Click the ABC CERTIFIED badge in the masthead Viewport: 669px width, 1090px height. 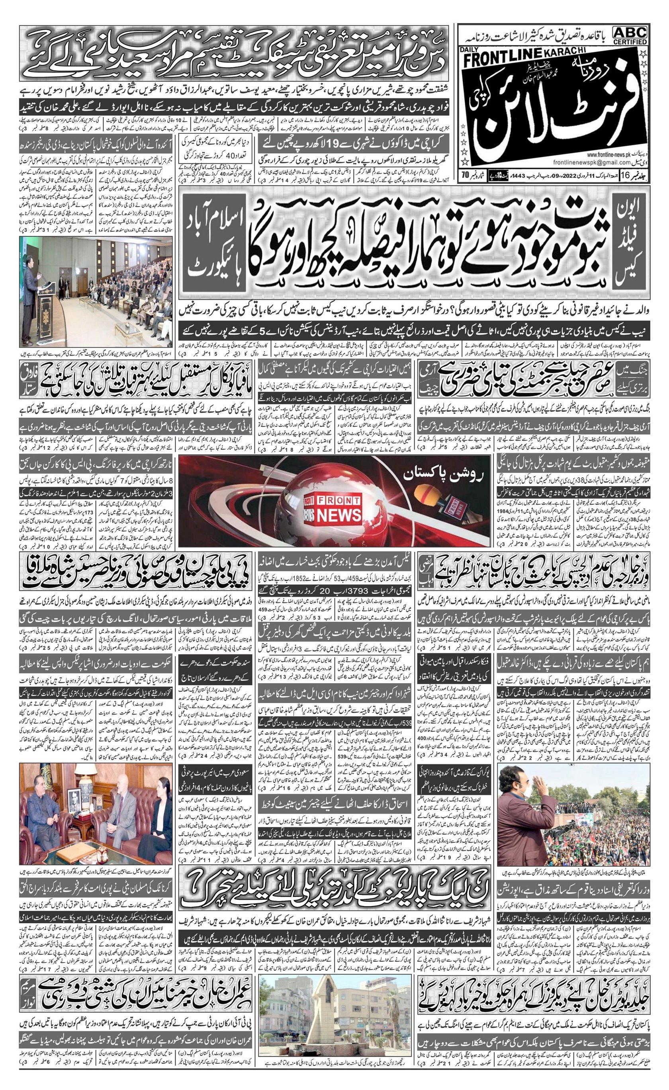coord(630,35)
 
